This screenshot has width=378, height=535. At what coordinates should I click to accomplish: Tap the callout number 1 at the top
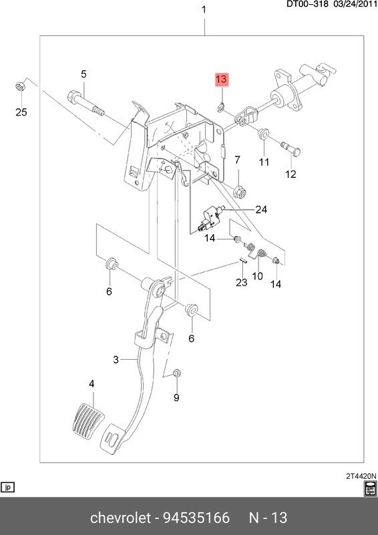[x=204, y=10]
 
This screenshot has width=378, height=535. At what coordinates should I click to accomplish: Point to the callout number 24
[x=260, y=209]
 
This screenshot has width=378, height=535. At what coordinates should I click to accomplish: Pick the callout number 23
[x=241, y=282]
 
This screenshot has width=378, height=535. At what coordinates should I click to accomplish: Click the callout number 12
[x=291, y=175]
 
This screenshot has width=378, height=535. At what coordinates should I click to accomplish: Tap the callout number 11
[x=264, y=163]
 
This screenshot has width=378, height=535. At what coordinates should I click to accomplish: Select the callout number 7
[x=236, y=160]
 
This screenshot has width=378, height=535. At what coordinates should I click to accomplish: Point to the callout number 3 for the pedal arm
[x=116, y=360]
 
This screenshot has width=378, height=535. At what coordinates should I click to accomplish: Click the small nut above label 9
[x=177, y=373]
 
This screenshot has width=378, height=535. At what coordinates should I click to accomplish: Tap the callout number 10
[x=257, y=276]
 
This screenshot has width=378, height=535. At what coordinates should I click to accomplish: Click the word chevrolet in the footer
[x=122, y=518]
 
